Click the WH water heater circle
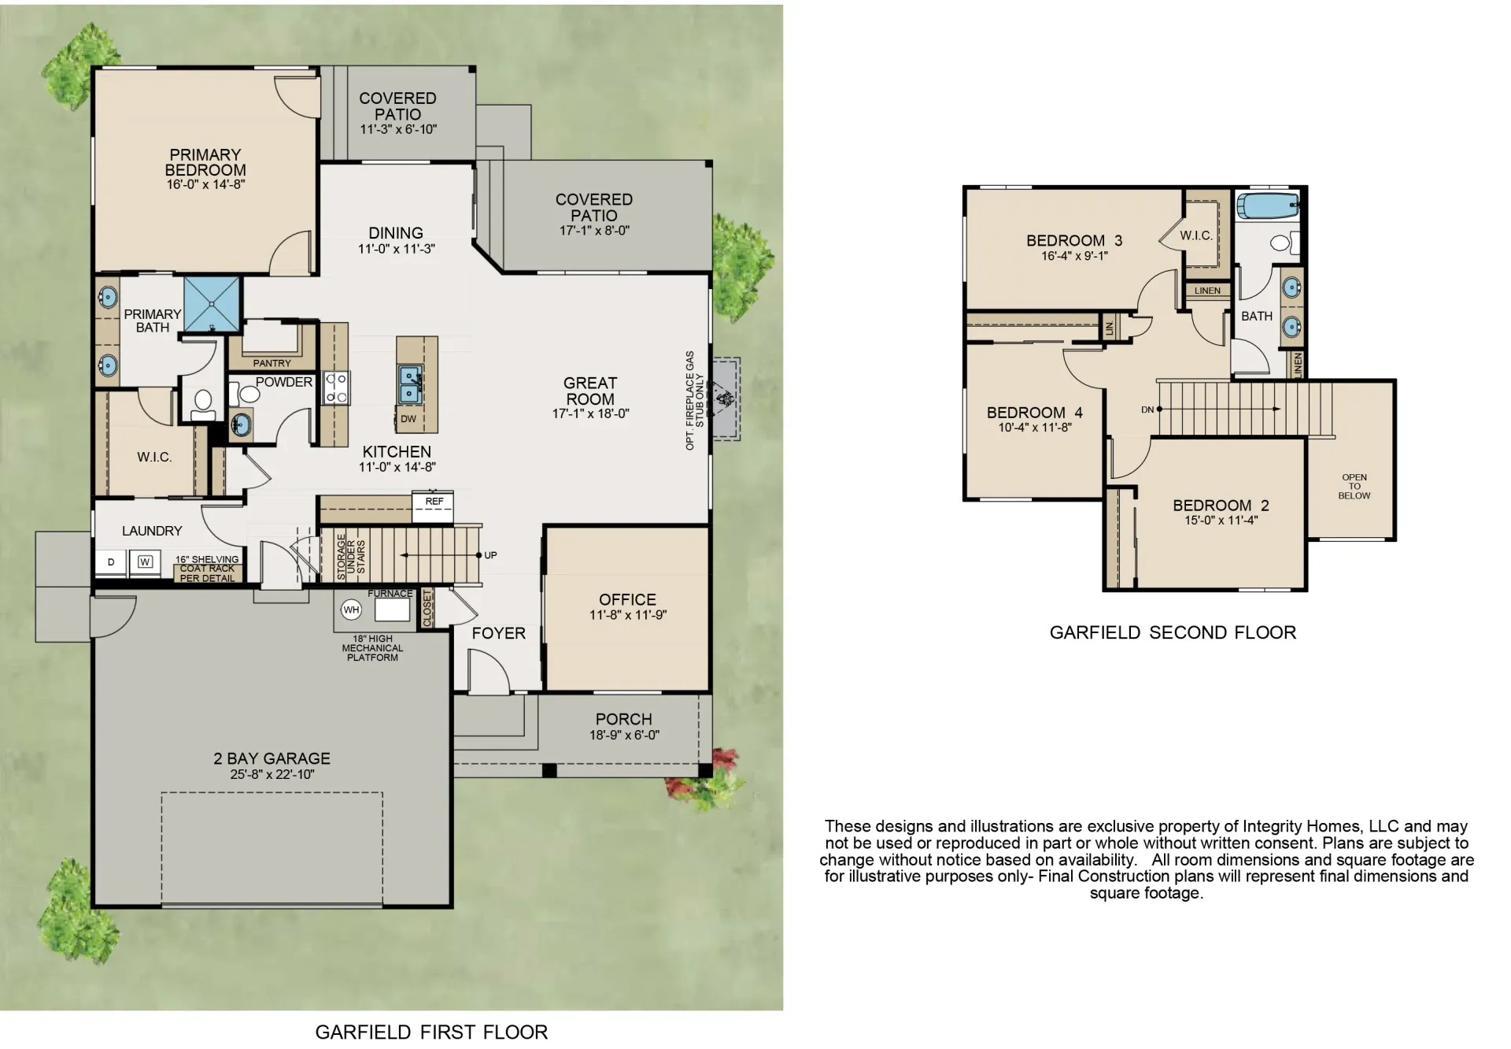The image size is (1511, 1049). point(351,610)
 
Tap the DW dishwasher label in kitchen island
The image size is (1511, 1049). point(408,419)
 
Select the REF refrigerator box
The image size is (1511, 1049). point(434,506)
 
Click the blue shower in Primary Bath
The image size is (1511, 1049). point(212,304)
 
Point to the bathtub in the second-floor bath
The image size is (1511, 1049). point(1267,207)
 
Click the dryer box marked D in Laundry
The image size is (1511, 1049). point(111,562)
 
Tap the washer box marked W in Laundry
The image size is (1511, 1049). point(145,562)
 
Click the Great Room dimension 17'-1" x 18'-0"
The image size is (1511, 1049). point(590,413)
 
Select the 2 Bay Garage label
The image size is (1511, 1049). point(272,758)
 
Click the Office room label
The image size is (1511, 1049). point(627,600)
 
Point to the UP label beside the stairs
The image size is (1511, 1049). point(490,555)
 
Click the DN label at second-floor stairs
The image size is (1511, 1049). point(1147,410)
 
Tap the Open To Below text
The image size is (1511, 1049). point(1354,487)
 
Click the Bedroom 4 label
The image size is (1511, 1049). point(1034,413)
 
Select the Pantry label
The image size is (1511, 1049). point(272,363)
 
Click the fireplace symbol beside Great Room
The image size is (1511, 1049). point(722,398)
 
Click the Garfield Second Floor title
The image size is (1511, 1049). point(1173,632)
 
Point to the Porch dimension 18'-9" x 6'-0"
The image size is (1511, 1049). point(624,735)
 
